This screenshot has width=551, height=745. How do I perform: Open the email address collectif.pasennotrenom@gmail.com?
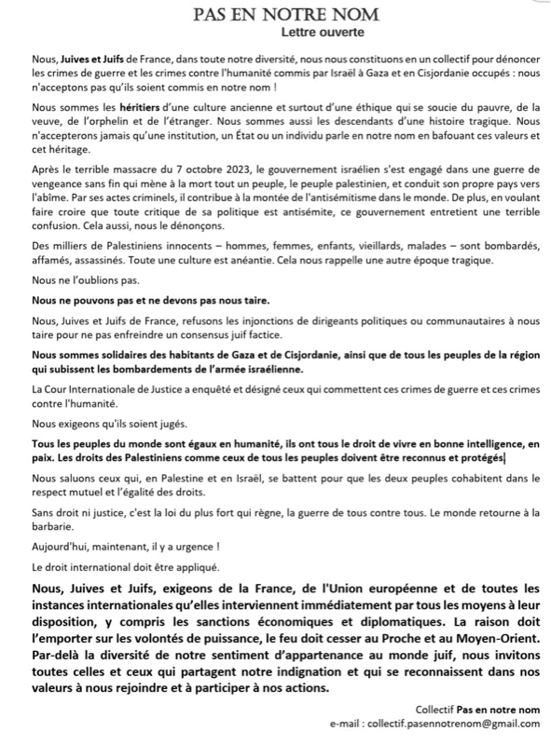(454, 724)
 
